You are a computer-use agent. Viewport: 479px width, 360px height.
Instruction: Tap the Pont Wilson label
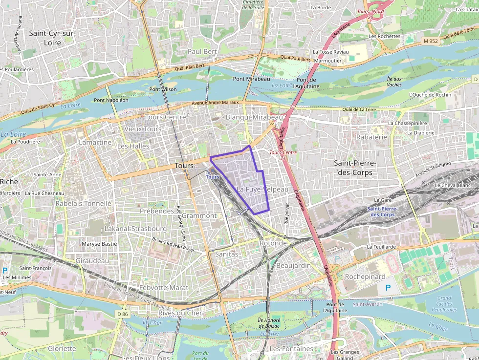tap(163, 89)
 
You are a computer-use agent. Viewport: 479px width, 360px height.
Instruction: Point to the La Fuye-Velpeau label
tap(262, 189)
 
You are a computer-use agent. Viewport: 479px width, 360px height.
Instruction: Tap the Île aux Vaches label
tap(394, 82)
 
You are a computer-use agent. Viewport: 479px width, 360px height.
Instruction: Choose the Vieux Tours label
tap(143, 129)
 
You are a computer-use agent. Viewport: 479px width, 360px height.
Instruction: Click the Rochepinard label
tap(365, 276)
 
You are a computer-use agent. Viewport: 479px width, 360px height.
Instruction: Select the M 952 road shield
tap(431, 42)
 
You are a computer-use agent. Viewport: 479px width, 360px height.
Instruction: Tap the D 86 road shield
tap(122, 314)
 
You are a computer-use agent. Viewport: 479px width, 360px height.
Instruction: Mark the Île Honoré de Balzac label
tap(268, 323)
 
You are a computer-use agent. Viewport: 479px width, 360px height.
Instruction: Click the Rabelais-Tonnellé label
tap(84, 203)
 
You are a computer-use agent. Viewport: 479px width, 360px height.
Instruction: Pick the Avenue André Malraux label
tap(215, 103)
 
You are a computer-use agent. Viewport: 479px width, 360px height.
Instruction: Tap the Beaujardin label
tap(293, 265)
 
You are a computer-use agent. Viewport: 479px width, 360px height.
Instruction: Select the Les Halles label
tap(133, 146)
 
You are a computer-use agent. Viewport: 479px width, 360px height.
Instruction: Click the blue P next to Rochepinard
tap(388, 288)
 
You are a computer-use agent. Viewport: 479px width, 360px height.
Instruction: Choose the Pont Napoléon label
tap(111, 100)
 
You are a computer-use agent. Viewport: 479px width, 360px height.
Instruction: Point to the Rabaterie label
tap(371, 137)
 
